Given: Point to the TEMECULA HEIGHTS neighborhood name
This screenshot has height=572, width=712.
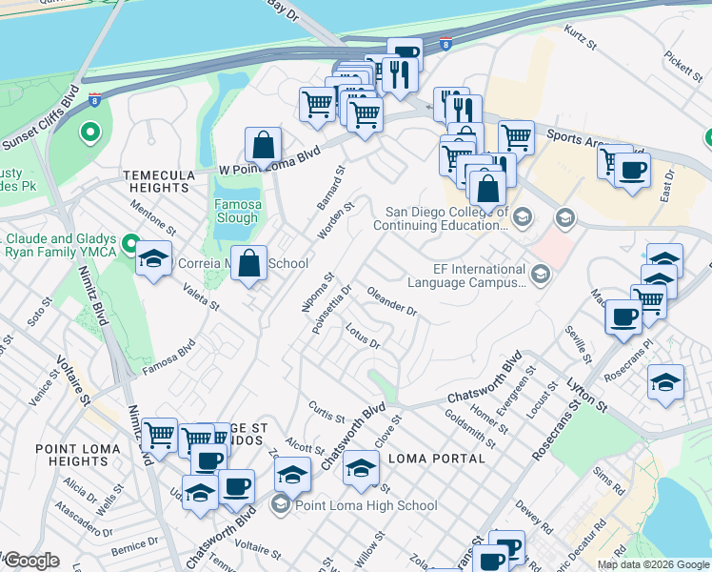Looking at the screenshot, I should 156,181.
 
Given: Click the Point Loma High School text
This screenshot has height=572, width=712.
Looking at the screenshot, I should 366,505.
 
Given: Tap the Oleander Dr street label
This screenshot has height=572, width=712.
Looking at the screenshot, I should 392,302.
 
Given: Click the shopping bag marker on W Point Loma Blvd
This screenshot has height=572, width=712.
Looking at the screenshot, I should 263,146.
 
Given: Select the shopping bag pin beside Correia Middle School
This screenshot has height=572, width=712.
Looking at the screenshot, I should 248,264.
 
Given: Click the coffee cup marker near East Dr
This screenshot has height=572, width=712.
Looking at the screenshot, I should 630,172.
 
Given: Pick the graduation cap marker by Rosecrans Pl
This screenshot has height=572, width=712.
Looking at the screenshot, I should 665,383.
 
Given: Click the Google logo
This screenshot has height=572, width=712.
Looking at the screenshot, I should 30,561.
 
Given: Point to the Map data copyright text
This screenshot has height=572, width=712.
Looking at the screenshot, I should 652,564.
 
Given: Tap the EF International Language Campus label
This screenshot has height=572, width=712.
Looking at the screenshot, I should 466,276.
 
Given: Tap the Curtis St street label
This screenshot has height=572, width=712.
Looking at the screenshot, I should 326,412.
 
